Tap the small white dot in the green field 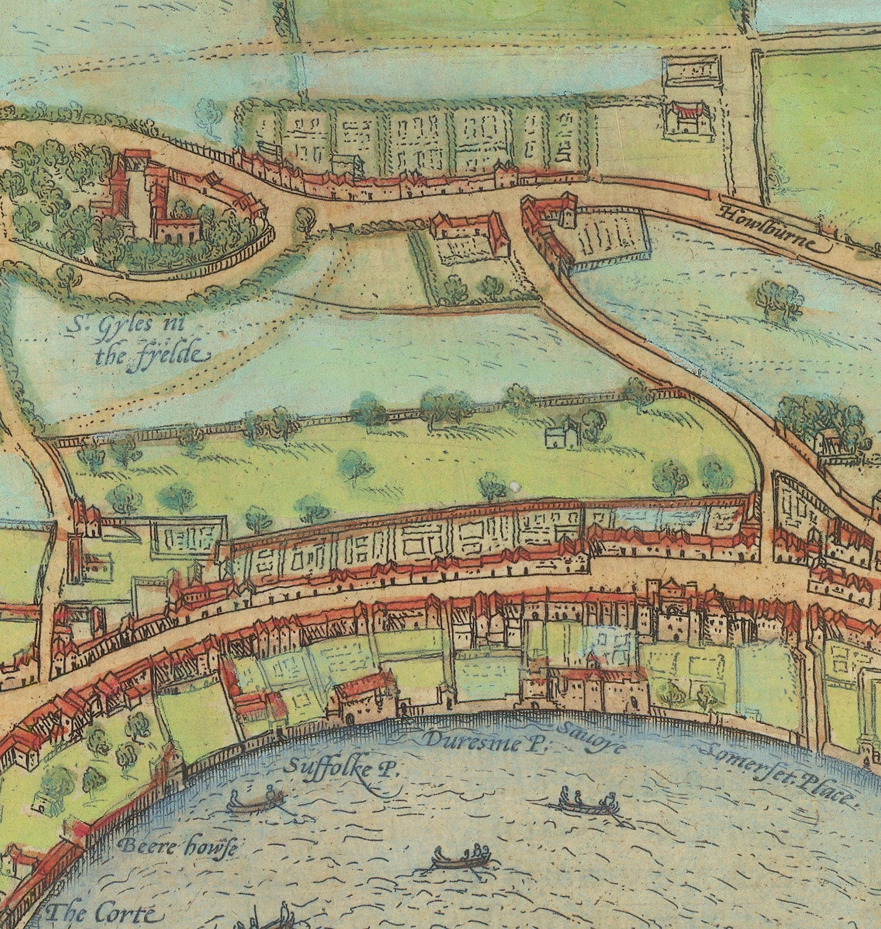pos(515,486)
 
